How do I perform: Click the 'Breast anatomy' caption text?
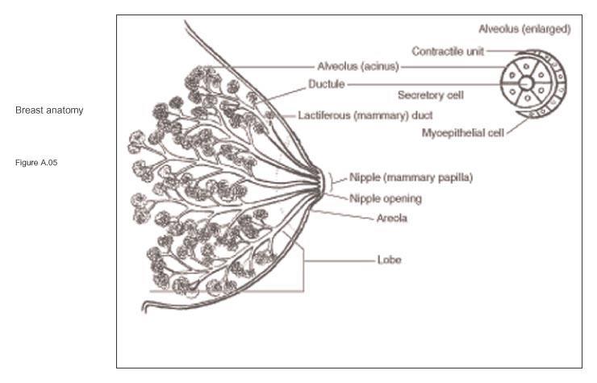[48, 110]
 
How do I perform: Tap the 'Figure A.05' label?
[37, 163]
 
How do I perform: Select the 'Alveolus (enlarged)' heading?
[524, 29]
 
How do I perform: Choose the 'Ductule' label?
[326, 83]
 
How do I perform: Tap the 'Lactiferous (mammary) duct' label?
[365, 115]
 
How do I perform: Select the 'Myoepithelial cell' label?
[461, 131]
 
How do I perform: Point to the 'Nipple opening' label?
[386, 198]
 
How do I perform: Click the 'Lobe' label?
[390, 260]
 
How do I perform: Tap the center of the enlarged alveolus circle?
[525, 84]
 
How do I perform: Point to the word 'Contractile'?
[433, 51]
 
